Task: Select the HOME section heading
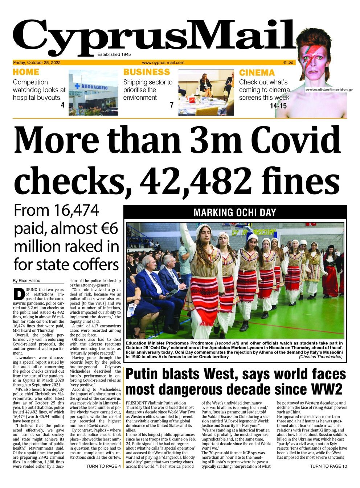(x=26, y=72)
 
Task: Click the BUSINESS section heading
(x=147, y=72)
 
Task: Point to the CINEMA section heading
(x=257, y=73)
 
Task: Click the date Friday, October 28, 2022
(x=37, y=62)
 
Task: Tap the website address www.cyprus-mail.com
(x=163, y=62)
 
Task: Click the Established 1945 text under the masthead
(x=114, y=54)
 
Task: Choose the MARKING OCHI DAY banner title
(x=235, y=212)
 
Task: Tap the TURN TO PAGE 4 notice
(x=103, y=466)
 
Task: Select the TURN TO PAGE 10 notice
(x=328, y=466)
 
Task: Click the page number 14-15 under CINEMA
(x=278, y=106)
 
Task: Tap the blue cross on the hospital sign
(x=77, y=87)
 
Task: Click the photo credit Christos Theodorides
(x=320, y=357)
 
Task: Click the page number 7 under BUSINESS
(x=172, y=105)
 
